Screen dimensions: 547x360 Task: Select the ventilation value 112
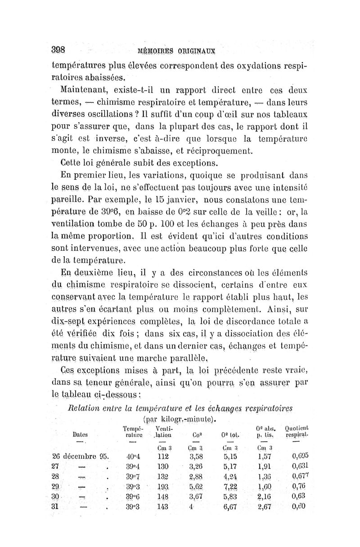point(162,455)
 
